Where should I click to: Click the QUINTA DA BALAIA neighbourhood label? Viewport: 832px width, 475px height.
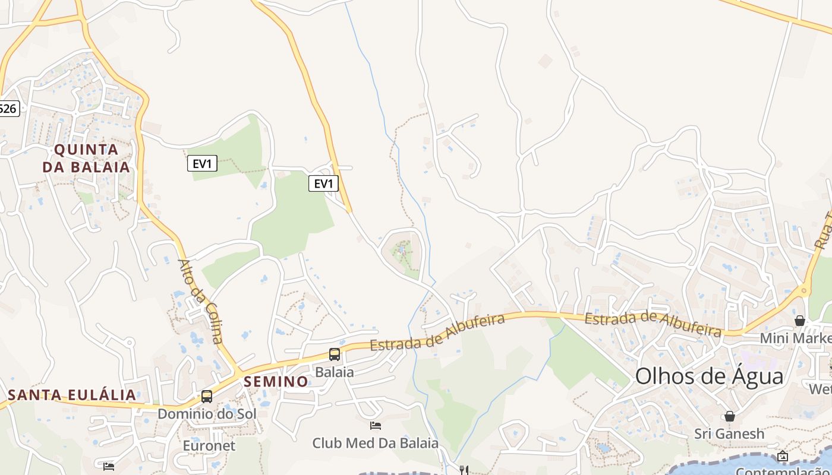point(86,157)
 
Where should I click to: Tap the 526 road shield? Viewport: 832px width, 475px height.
point(9,108)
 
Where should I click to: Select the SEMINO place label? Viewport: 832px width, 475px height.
point(276,381)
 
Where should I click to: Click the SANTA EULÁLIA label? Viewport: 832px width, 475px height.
point(72,395)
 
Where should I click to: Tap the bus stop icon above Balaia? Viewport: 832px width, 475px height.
point(335,354)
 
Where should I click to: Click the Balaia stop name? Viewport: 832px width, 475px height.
point(335,372)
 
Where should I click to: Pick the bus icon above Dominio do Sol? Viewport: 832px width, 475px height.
point(207,396)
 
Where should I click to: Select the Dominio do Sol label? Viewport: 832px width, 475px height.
point(207,414)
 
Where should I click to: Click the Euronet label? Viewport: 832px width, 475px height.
point(209,445)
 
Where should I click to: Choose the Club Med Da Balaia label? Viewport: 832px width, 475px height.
point(376,443)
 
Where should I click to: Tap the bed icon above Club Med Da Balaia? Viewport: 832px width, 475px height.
point(376,425)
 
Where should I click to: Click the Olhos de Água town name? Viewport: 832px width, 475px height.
point(710,376)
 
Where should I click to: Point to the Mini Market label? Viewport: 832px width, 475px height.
point(796,338)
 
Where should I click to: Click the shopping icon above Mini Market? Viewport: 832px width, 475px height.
point(800,321)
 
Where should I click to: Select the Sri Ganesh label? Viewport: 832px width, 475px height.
point(729,433)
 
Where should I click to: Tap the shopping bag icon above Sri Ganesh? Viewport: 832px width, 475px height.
point(729,416)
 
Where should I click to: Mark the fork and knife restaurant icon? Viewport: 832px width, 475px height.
point(464,470)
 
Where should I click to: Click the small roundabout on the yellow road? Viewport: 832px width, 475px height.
point(803,291)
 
